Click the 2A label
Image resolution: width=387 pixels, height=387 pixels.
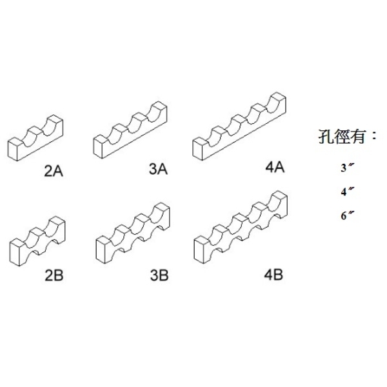tap(52, 172)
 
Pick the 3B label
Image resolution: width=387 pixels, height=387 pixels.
tap(158, 276)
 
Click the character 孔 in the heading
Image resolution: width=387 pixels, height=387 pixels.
tap(326, 137)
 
